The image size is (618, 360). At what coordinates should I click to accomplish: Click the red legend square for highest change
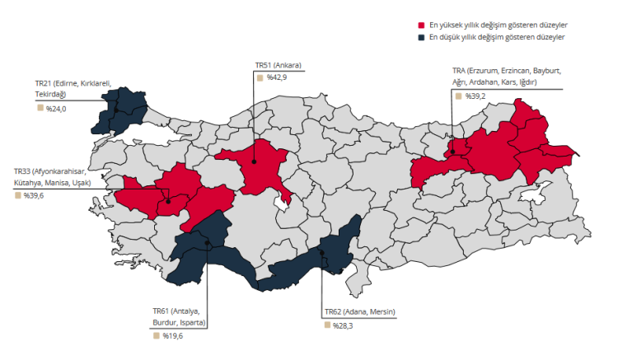(421, 26)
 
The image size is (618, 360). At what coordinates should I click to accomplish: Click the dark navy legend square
(421, 37)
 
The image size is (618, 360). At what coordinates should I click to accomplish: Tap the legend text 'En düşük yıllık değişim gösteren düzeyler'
(496, 37)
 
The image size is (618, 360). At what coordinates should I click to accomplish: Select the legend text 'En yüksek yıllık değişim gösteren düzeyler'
(498, 26)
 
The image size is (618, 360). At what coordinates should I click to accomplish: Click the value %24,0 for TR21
(55, 109)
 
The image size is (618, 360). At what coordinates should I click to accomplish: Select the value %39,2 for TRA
(475, 96)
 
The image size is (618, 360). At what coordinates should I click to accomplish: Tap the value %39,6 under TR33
(34, 196)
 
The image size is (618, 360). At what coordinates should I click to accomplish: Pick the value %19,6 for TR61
(171, 336)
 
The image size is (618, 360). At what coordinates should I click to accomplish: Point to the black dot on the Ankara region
(254, 161)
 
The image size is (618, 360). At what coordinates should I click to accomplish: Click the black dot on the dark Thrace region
(117, 111)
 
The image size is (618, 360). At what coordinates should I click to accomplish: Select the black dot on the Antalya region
(207, 242)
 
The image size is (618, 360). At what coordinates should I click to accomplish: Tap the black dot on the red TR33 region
(168, 200)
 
